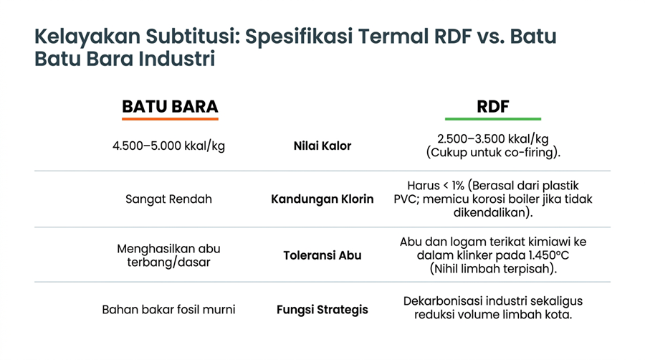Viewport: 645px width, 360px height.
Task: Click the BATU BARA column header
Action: point(170,107)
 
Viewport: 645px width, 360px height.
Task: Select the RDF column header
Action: point(493,107)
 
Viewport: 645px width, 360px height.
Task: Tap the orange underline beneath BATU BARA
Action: point(170,119)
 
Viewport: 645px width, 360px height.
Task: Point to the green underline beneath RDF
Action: point(493,119)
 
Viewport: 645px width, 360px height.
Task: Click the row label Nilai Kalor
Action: point(322,146)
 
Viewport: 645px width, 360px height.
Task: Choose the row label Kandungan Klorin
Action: point(322,199)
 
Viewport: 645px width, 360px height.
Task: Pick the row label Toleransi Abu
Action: point(322,255)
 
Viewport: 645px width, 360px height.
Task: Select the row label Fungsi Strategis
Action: point(322,309)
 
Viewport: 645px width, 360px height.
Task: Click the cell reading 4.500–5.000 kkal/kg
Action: point(168,146)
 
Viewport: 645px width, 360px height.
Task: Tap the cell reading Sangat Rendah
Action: point(168,199)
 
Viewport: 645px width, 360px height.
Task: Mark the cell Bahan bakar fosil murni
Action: point(168,309)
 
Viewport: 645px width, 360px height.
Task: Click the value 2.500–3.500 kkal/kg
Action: point(493,139)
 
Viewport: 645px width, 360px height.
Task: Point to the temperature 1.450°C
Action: point(548,255)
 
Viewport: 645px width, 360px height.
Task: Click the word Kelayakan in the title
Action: point(87,36)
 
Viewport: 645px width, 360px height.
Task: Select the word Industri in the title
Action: point(177,58)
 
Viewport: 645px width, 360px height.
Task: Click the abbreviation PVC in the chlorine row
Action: point(406,199)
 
